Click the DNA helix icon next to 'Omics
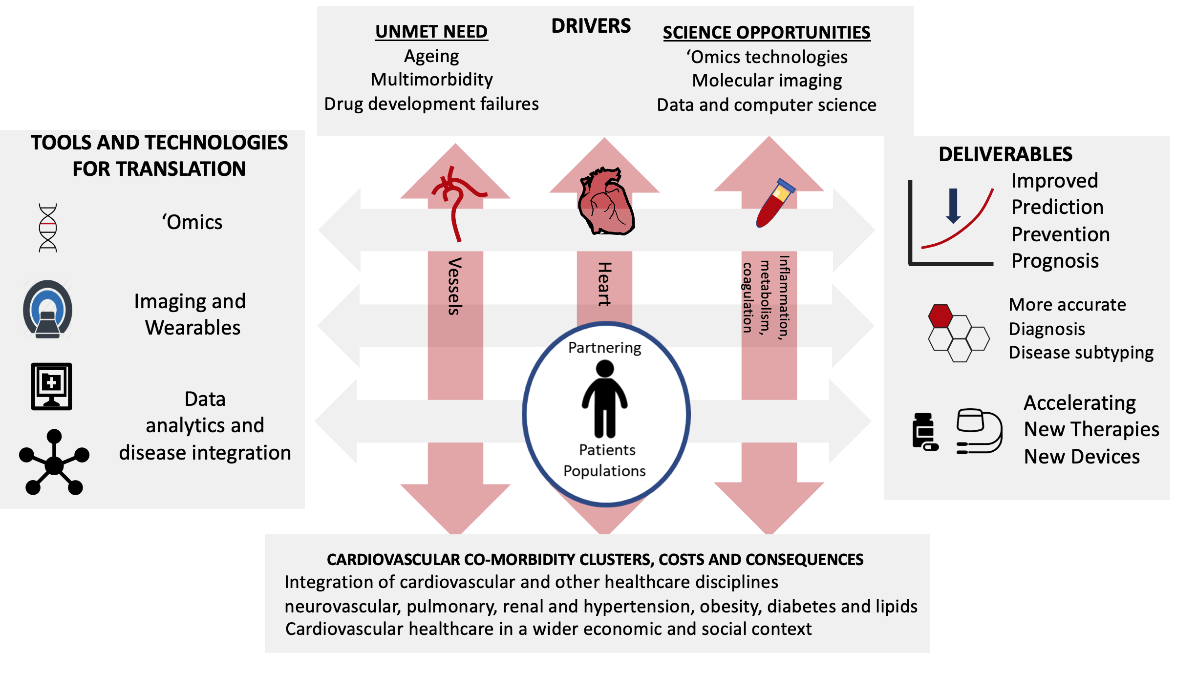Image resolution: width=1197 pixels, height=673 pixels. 48,228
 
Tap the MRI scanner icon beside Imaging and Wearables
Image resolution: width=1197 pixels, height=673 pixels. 48,309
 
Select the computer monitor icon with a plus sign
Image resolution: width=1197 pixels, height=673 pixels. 51,386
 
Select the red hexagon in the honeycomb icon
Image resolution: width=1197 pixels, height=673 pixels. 940,316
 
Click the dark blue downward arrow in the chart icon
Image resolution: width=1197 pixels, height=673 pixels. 953,206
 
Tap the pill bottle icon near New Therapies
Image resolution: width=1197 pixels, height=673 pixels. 924,431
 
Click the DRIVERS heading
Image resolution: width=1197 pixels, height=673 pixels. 591,26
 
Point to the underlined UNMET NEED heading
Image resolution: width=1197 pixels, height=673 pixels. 431,32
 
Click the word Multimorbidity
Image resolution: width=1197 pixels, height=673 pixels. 431,80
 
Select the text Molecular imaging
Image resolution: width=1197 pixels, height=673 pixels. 767,81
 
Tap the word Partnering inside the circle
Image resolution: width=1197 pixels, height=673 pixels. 605,348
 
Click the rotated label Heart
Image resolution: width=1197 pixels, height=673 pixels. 605,284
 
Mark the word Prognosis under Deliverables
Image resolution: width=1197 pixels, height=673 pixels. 1055,261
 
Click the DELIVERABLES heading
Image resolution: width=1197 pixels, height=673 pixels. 1005,154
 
